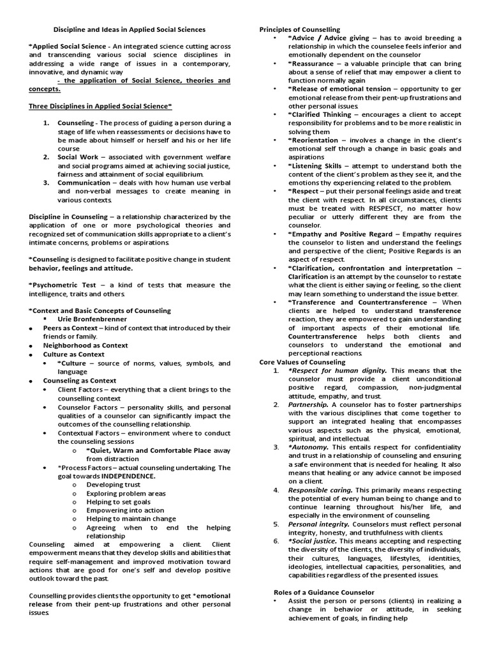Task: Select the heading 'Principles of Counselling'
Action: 299,29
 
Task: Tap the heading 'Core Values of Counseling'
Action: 302,362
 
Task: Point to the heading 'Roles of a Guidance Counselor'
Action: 324,592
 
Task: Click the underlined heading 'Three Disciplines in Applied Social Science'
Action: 100,106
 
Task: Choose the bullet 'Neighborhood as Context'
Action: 85,346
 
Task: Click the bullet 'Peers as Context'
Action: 71,328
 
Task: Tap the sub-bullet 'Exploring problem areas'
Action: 126,494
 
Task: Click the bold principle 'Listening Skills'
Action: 316,165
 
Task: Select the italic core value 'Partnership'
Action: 309,405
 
